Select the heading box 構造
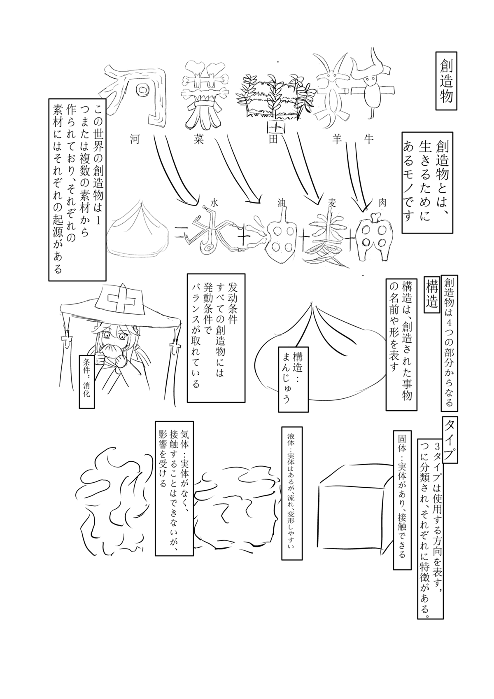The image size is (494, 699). [432, 293]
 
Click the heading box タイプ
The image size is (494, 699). [451, 440]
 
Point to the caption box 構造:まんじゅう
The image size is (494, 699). [293, 377]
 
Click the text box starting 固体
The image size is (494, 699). [401, 500]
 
